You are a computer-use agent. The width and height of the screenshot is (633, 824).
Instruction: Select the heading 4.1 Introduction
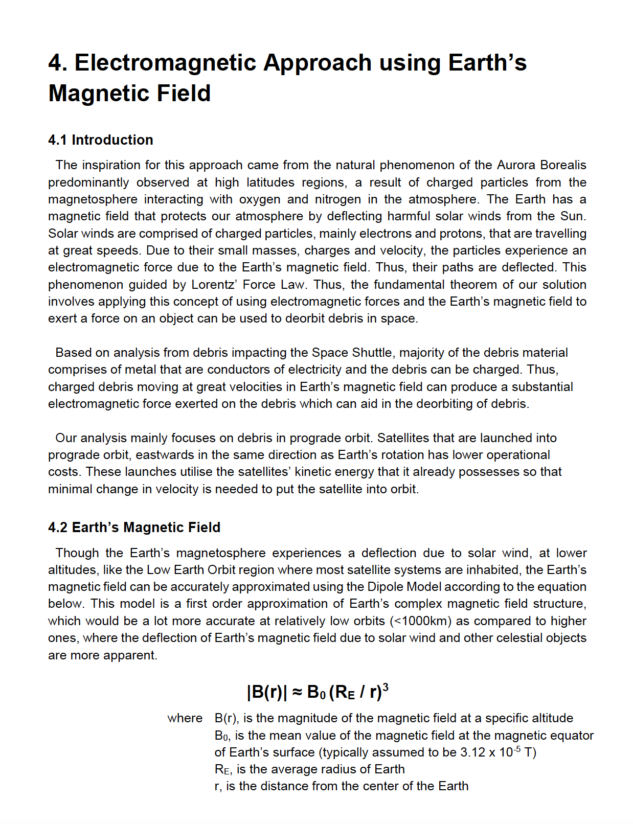point(101,140)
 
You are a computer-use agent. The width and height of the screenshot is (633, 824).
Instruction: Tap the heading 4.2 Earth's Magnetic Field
point(134,528)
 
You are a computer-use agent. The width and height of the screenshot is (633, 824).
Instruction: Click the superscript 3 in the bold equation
point(386,687)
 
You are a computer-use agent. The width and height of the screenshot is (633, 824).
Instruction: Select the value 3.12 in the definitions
point(472,752)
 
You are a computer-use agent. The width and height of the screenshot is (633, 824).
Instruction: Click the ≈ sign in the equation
point(297,692)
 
